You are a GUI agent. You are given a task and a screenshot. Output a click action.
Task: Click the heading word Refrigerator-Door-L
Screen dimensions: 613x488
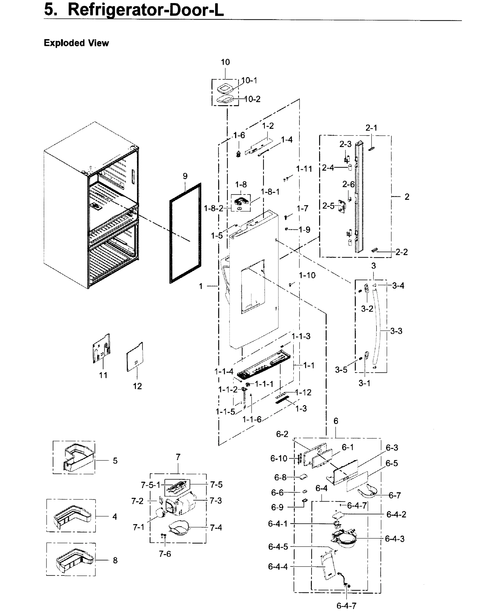(146, 10)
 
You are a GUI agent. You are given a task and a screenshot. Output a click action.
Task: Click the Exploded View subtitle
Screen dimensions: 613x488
(76, 43)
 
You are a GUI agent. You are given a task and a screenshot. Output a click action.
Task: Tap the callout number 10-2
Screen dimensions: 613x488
(252, 99)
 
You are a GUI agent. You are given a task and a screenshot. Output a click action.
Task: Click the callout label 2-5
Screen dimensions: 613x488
(328, 206)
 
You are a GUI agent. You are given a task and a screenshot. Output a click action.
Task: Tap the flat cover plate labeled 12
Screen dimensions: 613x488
(135, 357)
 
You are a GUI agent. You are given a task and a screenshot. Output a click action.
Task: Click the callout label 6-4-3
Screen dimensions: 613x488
(395, 538)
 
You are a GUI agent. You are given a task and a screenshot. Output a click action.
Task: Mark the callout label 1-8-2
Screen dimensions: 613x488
(213, 208)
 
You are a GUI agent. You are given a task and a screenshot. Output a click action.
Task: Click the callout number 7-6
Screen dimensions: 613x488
(165, 553)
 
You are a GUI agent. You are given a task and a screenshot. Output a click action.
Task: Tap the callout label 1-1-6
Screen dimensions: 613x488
(252, 419)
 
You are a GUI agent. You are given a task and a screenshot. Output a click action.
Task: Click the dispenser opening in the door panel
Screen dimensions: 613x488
(253, 287)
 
